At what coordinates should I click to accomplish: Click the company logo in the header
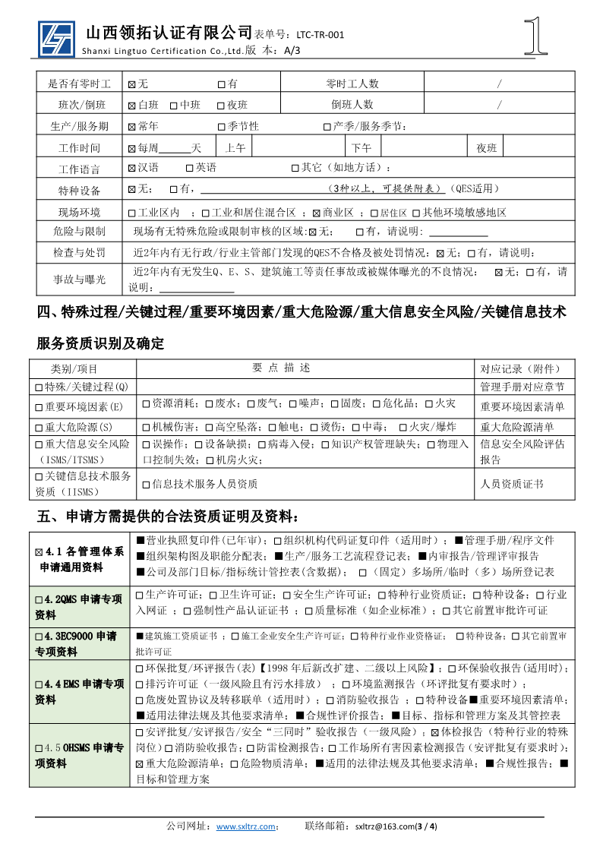pos(57,38)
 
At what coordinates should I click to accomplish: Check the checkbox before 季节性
pos(222,126)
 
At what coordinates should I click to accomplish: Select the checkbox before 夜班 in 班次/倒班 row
pos(221,105)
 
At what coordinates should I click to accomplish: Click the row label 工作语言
pos(79,169)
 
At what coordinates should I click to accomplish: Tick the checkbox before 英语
pos(190,168)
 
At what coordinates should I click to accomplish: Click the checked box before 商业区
pos(317,213)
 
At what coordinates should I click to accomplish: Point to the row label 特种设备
pos(79,190)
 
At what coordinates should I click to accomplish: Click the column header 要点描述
pos(281,368)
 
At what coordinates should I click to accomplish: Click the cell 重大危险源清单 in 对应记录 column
pos(516,428)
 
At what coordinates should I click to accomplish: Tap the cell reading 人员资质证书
pos(511,484)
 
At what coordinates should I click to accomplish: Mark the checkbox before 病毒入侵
pos(263,444)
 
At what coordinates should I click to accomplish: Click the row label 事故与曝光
pos(79,280)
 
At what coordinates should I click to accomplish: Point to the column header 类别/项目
pos(74,368)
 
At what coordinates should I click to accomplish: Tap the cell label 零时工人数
pos(352,84)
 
